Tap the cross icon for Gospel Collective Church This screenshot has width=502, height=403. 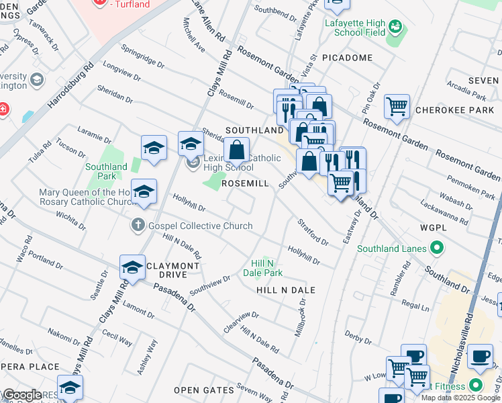[x=138, y=226]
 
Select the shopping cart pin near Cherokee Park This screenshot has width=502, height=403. [x=397, y=106]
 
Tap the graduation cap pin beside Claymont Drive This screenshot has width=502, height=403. [x=132, y=268]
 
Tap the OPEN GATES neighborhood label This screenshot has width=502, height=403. [x=201, y=390]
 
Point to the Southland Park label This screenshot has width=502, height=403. [x=106, y=171]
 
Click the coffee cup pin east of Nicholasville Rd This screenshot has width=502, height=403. [x=479, y=357]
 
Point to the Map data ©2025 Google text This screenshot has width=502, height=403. [x=460, y=398]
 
